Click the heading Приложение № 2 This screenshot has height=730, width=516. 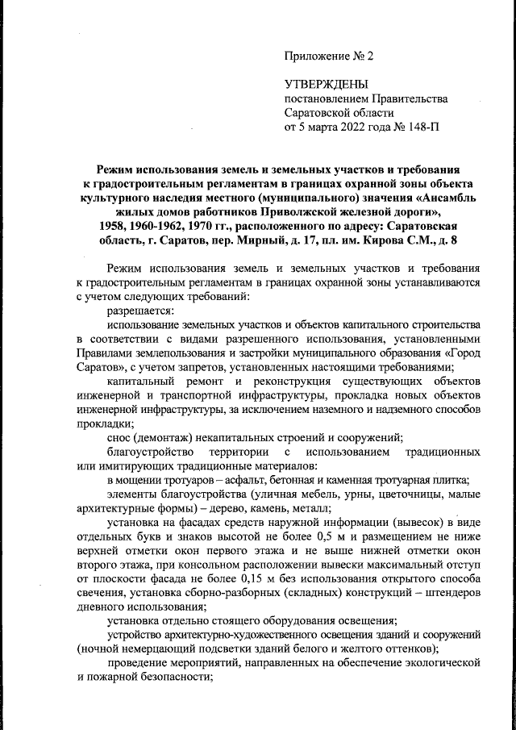[330, 56]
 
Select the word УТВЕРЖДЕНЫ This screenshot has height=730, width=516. [327, 85]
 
